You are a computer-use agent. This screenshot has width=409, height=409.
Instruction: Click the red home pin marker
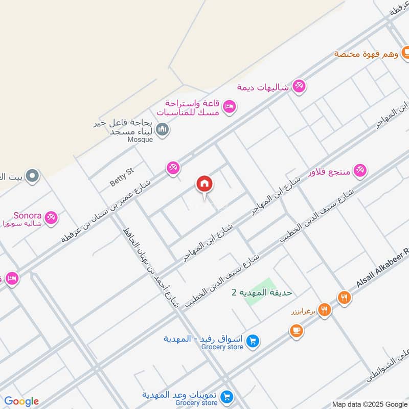204,184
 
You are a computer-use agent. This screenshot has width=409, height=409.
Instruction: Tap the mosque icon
163,130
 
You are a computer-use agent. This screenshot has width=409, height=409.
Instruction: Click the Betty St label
121,175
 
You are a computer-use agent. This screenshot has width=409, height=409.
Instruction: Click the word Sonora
28,215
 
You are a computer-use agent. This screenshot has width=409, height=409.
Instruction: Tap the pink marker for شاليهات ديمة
299,86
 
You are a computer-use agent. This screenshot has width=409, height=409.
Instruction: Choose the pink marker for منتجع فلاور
360,171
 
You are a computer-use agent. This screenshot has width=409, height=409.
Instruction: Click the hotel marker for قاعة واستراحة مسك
230,106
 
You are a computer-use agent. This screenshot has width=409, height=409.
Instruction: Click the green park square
260,293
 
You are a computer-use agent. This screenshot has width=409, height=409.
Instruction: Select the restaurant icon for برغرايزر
324,309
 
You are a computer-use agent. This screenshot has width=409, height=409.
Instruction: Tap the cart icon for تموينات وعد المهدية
228,397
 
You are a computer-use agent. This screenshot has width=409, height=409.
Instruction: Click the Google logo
21,401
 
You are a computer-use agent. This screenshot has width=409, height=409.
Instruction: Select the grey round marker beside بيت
33,176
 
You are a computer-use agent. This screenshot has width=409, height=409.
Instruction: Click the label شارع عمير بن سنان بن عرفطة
108,210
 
